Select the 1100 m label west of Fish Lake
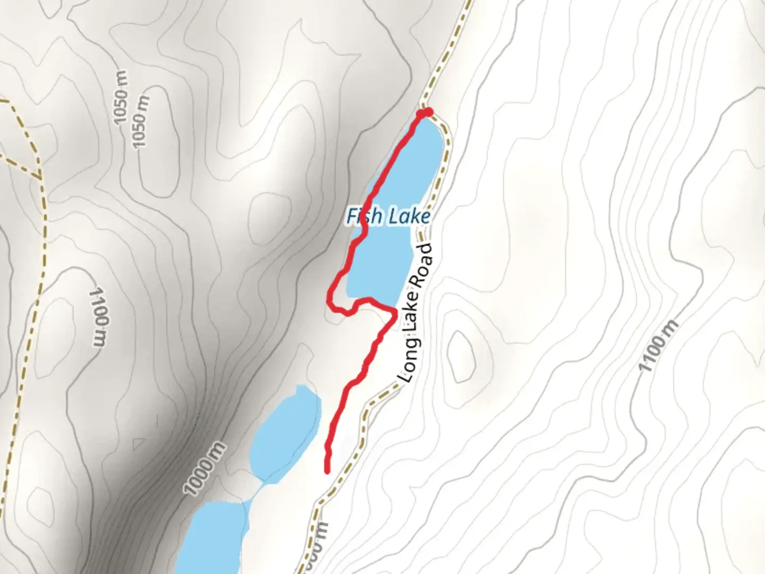(99, 317)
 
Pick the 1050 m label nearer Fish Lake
(140, 122)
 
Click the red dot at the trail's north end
(425, 113)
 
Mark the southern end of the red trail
(327, 470)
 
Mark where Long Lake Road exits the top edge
(469, 2)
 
